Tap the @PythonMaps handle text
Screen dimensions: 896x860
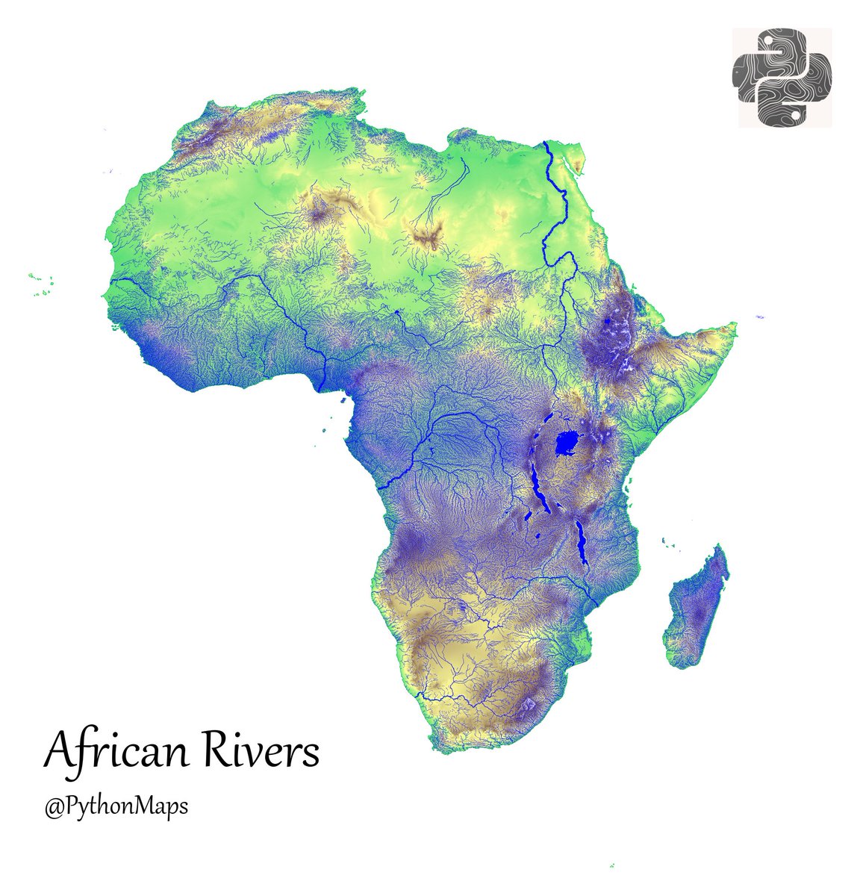(116, 807)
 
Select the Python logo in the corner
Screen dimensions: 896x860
(782, 78)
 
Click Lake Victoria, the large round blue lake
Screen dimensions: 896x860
(568, 446)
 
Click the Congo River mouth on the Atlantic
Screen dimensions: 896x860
(378, 488)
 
